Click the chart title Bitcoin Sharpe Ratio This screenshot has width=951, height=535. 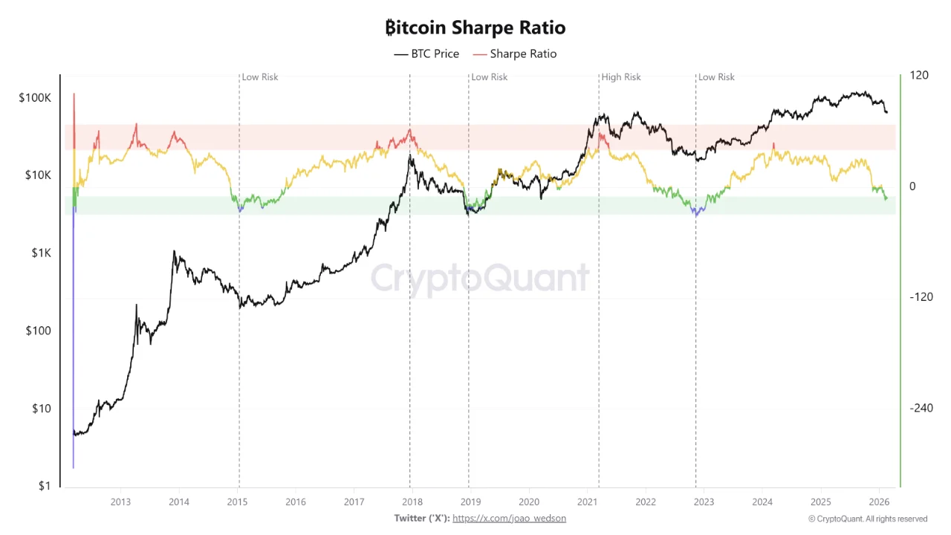(475, 27)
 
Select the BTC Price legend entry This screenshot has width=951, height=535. (426, 53)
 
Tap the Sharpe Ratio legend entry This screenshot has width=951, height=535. (515, 53)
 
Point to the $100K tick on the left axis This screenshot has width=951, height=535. (35, 97)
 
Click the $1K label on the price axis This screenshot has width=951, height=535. (40, 253)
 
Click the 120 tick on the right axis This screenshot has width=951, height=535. (919, 75)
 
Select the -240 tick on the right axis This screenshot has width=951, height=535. (921, 408)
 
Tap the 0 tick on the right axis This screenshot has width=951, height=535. (913, 186)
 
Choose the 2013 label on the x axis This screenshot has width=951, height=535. (120, 502)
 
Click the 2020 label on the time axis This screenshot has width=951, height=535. (529, 502)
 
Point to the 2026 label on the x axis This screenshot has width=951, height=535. (879, 502)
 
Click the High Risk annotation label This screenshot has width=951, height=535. (621, 77)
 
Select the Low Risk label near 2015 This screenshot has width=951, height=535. (260, 77)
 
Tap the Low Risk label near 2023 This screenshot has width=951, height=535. (716, 77)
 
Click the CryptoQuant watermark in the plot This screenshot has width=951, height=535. (480, 279)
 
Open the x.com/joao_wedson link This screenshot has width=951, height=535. (509, 518)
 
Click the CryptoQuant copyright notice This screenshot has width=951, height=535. (868, 519)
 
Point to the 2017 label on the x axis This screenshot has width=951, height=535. (354, 502)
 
